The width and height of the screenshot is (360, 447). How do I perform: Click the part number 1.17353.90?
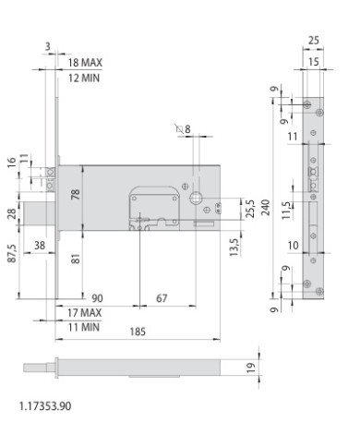[x=45, y=406]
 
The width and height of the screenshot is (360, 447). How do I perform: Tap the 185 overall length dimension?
[x=138, y=332]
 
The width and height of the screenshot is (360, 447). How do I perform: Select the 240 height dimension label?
[x=266, y=207]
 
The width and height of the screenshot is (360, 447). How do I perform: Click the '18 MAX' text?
[x=85, y=63]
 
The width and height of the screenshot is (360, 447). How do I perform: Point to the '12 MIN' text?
[x=84, y=78]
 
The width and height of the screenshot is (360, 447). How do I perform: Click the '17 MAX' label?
[x=84, y=313]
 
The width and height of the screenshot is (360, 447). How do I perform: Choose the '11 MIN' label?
[x=84, y=327]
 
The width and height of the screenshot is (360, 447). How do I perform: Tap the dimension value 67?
[x=162, y=298]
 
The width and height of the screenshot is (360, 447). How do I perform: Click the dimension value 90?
[x=97, y=298]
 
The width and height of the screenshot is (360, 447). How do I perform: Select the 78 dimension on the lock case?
[x=76, y=194]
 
